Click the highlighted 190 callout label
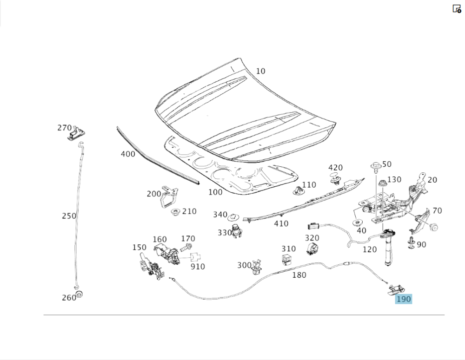click(x=403, y=299)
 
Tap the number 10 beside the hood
click(x=260, y=71)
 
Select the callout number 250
click(x=69, y=216)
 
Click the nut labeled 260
click(x=80, y=294)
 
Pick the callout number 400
click(x=128, y=154)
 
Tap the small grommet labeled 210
click(x=176, y=212)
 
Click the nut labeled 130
click(x=382, y=182)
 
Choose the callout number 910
click(x=198, y=267)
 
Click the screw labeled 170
click(x=188, y=246)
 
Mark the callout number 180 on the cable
click(x=299, y=275)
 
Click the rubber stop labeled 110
click(x=298, y=190)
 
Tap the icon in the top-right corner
click(x=457, y=9)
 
